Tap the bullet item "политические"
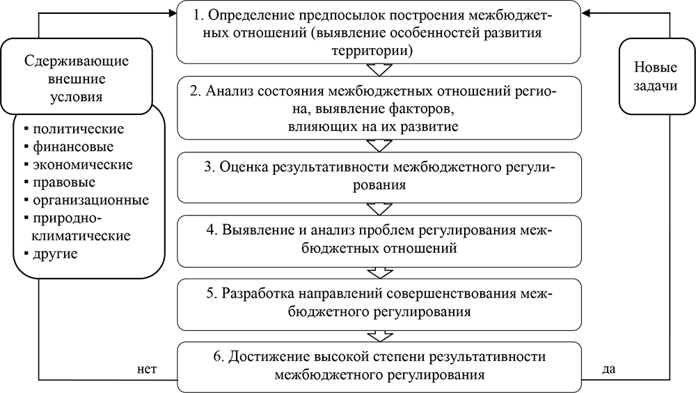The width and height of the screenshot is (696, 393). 77,129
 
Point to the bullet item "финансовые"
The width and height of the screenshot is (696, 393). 72,147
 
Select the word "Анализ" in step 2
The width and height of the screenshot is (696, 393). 228,93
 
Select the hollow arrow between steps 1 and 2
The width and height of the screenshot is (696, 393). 379,70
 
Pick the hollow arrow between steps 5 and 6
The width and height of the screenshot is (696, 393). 379,337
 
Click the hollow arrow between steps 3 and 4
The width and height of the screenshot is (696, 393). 379,208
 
